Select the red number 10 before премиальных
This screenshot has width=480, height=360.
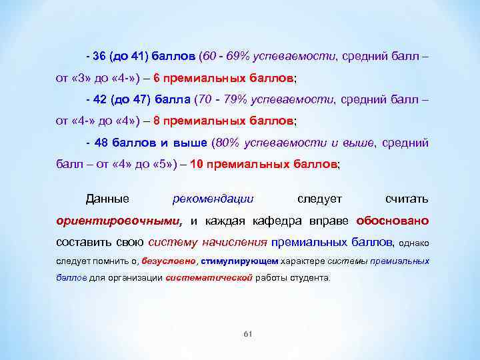[197, 164]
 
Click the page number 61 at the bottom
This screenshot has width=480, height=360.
[247, 334]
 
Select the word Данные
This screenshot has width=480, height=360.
[107, 199]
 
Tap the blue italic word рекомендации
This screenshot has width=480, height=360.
[213, 199]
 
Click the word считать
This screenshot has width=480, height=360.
[407, 199]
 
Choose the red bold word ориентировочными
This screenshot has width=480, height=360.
[118, 221]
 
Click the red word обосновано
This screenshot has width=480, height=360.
[393, 221]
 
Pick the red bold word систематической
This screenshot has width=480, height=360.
[209, 277]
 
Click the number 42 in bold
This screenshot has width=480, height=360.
[99, 99]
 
